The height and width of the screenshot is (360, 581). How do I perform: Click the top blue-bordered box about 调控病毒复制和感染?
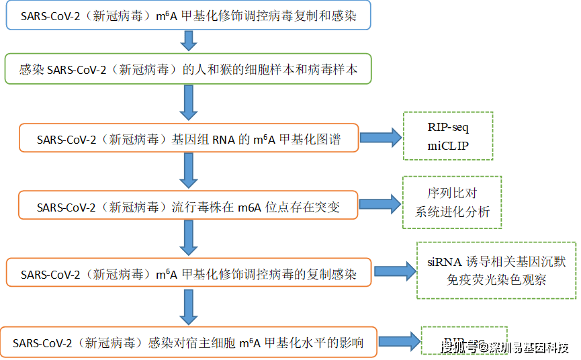(x=188, y=15)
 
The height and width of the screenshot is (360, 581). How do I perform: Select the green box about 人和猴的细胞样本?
(x=187, y=70)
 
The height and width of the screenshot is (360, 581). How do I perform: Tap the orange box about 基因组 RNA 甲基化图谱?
(x=189, y=140)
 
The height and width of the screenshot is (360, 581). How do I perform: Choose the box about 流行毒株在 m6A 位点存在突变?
(x=189, y=207)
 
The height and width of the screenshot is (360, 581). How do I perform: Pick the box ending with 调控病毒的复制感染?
(x=189, y=273)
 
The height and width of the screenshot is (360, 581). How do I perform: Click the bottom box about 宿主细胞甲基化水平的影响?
(x=189, y=343)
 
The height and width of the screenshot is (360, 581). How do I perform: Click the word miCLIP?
(x=448, y=146)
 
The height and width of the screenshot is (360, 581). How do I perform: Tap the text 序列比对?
(x=452, y=194)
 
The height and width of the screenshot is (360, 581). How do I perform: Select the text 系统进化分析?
(x=452, y=212)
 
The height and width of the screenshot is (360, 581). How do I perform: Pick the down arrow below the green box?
(x=189, y=102)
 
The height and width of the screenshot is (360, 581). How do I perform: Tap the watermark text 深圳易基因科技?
(x=528, y=347)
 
